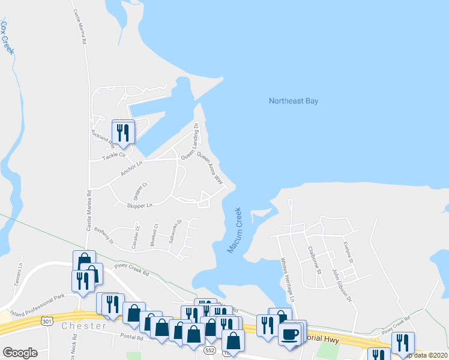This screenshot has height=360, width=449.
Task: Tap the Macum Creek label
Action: click(x=235, y=230)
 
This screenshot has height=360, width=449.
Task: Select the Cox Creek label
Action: click(x=7, y=38)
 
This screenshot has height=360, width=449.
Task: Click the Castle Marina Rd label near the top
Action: click(x=80, y=26)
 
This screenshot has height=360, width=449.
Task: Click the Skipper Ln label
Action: click(x=139, y=205)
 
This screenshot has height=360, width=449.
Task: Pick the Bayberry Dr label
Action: click(x=104, y=238)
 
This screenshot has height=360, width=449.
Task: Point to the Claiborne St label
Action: click(x=312, y=259)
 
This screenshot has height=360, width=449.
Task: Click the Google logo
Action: click(x=20, y=353)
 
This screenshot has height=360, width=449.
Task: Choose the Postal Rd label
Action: click(x=131, y=338)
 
